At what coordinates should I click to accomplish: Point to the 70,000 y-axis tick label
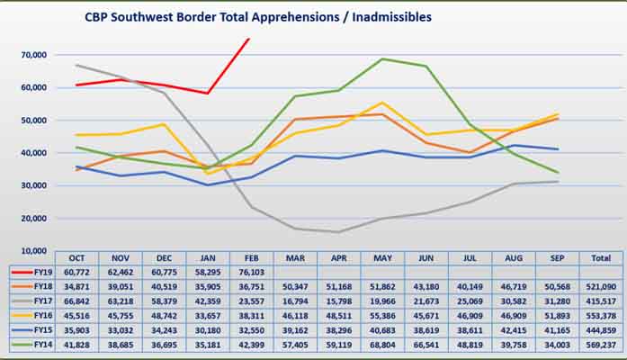(33, 55)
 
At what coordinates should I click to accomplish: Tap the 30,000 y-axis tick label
(33, 185)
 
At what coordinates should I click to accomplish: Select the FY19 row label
(35, 269)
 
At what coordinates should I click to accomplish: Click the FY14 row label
(35, 344)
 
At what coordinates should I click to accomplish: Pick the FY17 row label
(35, 299)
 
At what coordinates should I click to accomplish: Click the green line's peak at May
(383, 59)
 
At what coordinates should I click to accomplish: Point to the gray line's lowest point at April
(338, 232)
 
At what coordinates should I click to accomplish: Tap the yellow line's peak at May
(383, 103)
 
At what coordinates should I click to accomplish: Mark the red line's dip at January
(208, 93)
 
